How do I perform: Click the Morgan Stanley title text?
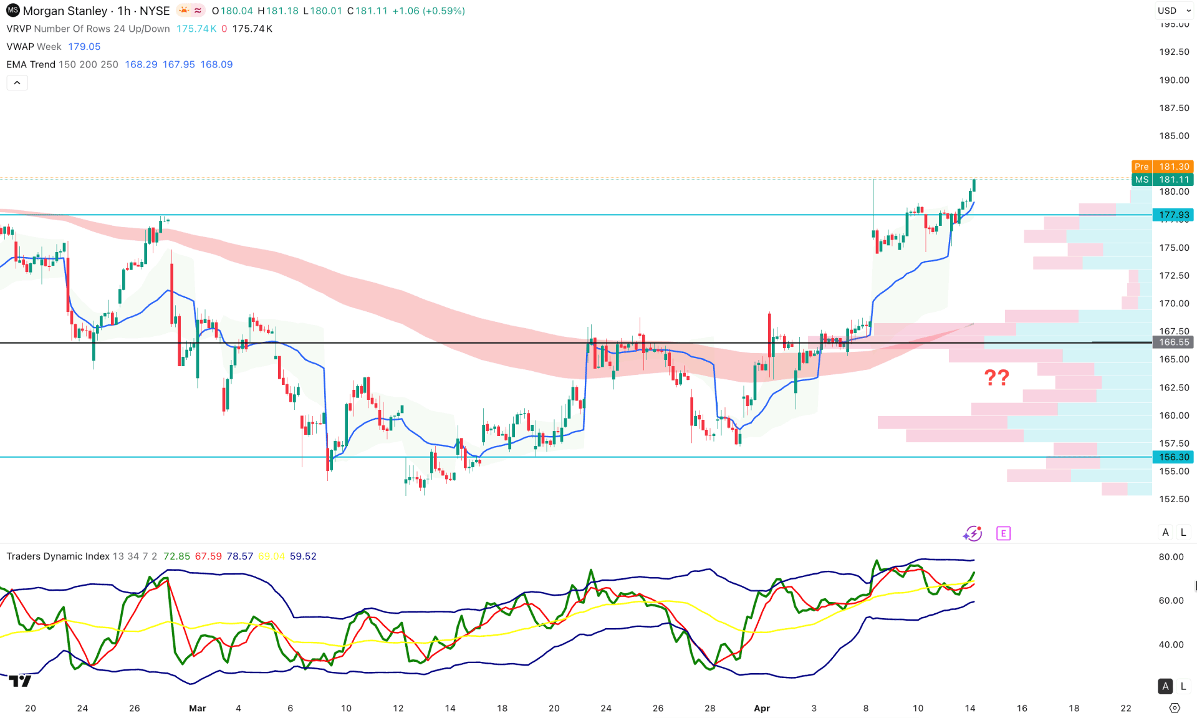click(x=65, y=11)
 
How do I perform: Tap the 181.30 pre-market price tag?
click(x=1173, y=167)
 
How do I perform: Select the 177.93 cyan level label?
click(x=1173, y=215)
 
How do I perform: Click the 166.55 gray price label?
click(x=1173, y=342)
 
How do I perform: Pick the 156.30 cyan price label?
click(x=1173, y=457)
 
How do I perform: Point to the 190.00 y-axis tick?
click(x=1173, y=80)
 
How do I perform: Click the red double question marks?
click(x=996, y=377)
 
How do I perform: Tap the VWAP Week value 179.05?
click(x=84, y=46)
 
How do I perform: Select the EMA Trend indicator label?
click(x=31, y=64)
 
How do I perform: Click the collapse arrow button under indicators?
click(x=17, y=82)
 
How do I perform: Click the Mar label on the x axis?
click(x=197, y=708)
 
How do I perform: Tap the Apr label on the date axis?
click(x=762, y=708)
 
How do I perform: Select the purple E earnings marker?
click(x=1003, y=533)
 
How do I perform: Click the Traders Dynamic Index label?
click(x=58, y=556)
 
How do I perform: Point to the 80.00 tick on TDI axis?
click(x=1171, y=556)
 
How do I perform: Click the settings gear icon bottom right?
click(x=1175, y=708)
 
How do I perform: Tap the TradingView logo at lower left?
click(x=21, y=681)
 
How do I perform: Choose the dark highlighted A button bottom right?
click(x=1165, y=686)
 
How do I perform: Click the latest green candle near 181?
click(x=974, y=185)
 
